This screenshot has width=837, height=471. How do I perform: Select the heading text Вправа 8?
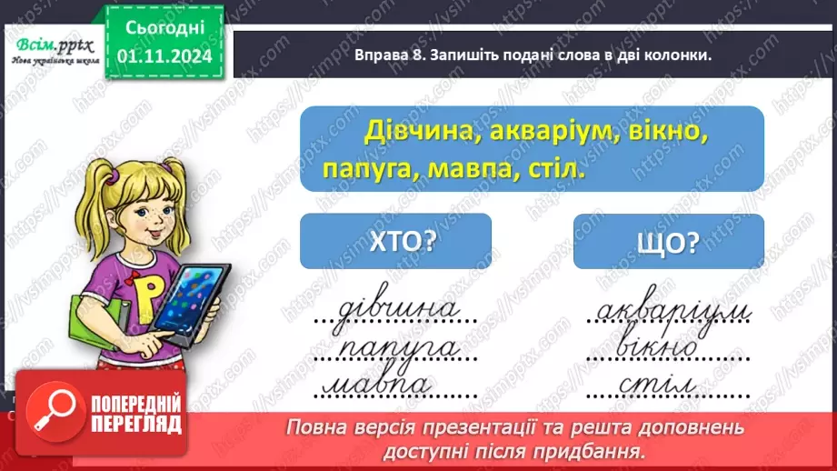coord(382,55)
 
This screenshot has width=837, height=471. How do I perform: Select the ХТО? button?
coord(395,241)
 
